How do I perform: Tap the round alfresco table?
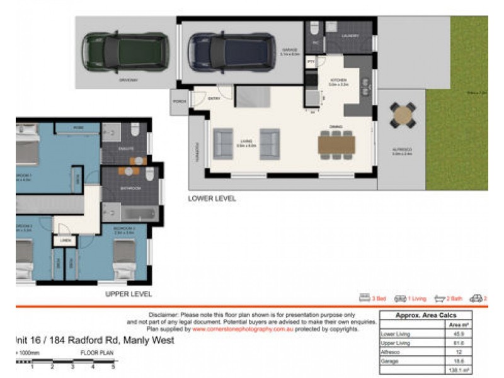(401, 115)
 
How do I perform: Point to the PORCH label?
(180, 101)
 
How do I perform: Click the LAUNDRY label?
(350, 36)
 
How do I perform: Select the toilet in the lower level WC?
(314, 30)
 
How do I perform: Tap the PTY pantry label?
(311, 62)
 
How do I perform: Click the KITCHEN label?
(340, 80)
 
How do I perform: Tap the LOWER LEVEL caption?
(212, 198)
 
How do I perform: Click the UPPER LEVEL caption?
(128, 294)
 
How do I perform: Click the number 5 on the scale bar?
(113, 366)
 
